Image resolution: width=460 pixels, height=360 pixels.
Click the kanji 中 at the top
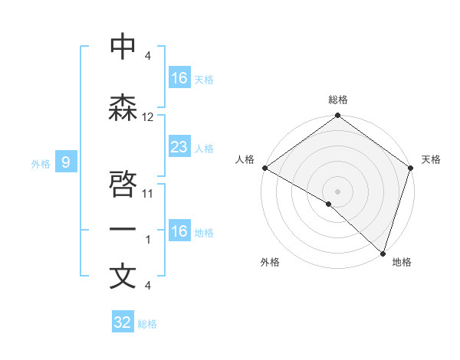coord(123,47)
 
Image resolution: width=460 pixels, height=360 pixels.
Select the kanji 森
coord(123,107)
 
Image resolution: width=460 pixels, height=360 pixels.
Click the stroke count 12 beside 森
coord(148,116)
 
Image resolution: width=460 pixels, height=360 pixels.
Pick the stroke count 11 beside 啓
coord(148,194)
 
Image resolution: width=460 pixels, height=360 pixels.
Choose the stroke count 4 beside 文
coord(148,286)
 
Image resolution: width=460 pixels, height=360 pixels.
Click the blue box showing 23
coord(179,147)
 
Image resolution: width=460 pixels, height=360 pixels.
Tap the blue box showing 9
coord(66,162)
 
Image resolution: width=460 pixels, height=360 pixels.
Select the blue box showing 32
coord(123,322)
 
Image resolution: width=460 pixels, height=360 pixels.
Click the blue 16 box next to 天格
coord(179,78)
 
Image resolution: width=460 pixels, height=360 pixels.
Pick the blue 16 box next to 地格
coord(179,231)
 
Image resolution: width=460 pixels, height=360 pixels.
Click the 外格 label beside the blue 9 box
coord(41,163)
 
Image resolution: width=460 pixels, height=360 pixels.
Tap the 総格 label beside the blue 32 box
coord(148,324)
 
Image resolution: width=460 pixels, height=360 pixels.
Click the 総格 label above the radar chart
coord(337,100)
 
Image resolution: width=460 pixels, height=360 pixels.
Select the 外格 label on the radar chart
coord(270,262)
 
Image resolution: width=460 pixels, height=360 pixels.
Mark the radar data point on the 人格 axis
coord(264,168)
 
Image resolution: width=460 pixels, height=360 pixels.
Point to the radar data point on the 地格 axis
coord(383,253)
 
